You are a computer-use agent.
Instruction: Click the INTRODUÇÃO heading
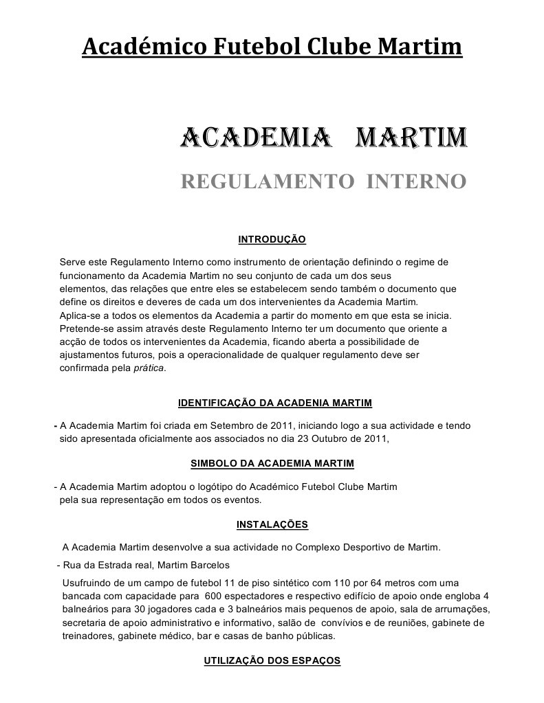[x=271, y=239]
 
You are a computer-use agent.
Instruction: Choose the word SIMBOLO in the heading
[x=212, y=463]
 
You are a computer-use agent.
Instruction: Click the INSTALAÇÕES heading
[x=272, y=525]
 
